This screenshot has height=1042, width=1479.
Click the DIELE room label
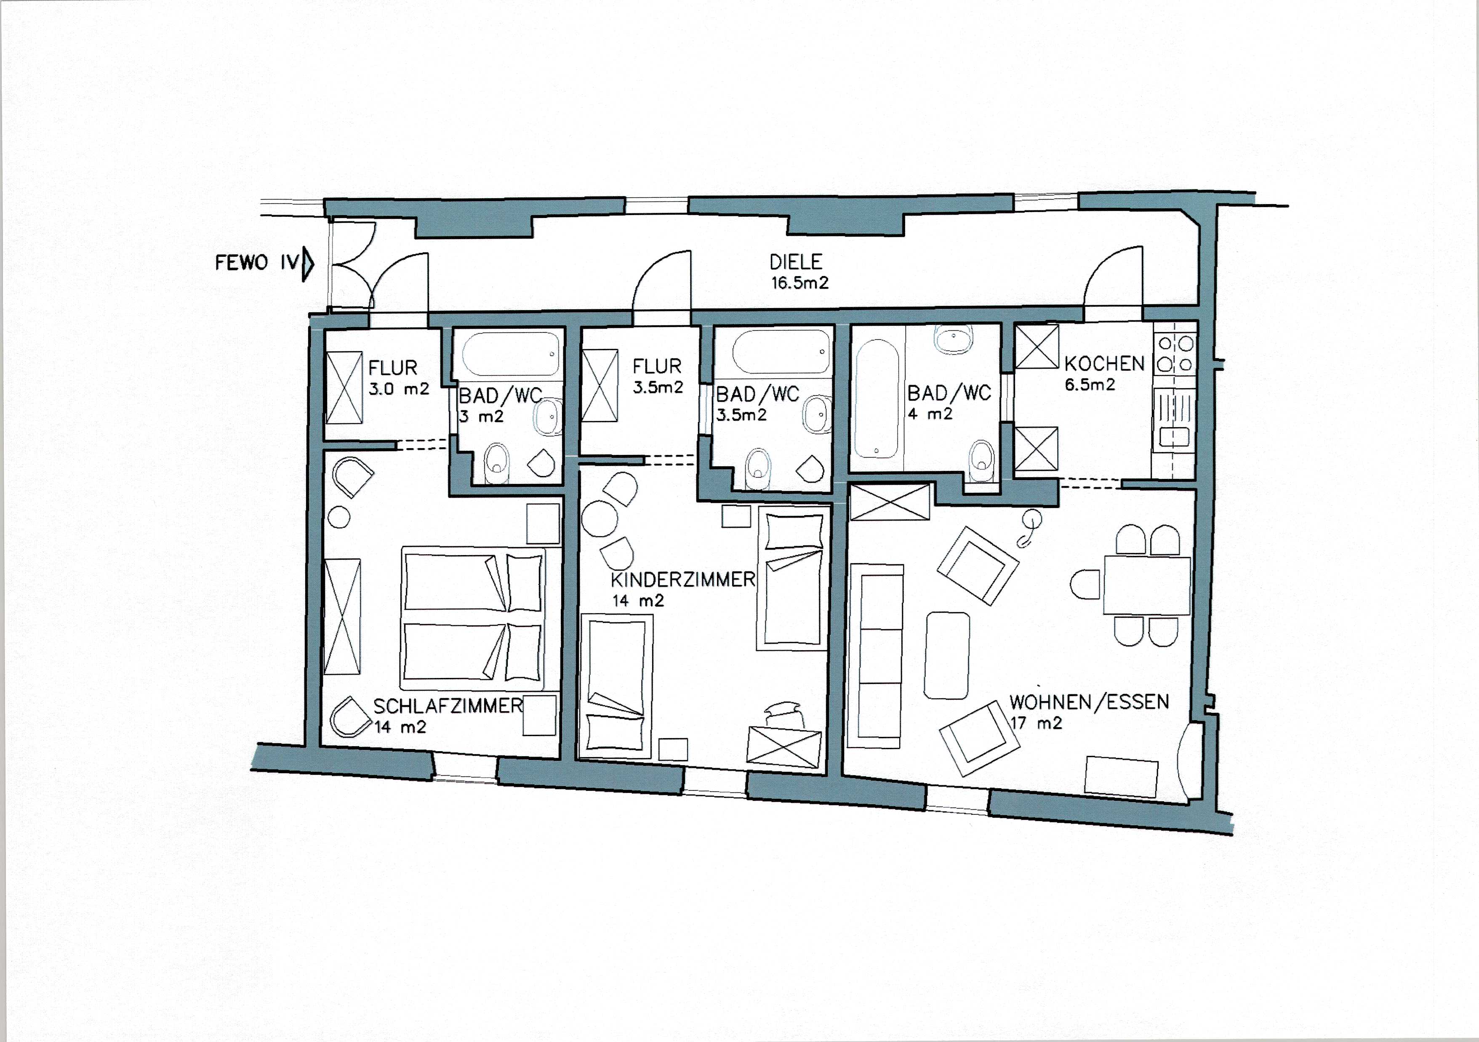pyautogui.click(x=796, y=262)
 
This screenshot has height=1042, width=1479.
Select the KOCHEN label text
pyautogui.click(x=1104, y=364)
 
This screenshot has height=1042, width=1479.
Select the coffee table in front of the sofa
pyautogui.click(x=946, y=655)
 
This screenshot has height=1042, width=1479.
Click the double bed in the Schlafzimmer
pyautogui.click(x=473, y=618)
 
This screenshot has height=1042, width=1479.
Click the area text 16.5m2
pyautogui.click(x=799, y=283)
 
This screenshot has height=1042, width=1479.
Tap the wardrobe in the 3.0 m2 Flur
pyautogui.click(x=344, y=388)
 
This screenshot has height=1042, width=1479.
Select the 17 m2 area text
pyautogui.click(x=1036, y=723)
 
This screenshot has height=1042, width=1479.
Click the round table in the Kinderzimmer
pyautogui.click(x=599, y=519)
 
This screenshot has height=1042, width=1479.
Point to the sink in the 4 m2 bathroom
pyautogui.click(x=953, y=340)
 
